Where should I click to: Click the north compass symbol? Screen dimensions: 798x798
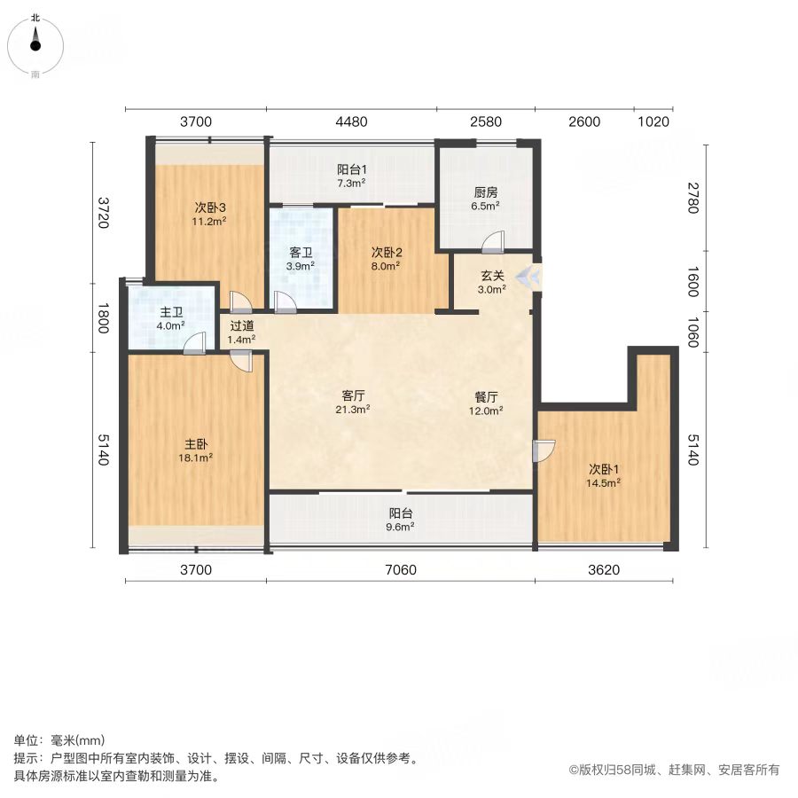[x=35, y=45]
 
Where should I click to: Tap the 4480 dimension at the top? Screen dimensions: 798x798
[x=351, y=121]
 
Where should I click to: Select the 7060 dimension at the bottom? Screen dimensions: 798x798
[x=401, y=569]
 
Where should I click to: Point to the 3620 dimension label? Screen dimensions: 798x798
[x=604, y=569]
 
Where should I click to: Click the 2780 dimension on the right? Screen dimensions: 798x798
[x=692, y=198]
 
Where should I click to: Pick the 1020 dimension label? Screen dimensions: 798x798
[x=653, y=121]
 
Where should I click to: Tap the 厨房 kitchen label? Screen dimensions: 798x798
[x=486, y=192]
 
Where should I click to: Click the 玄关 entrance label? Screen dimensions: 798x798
[x=492, y=276]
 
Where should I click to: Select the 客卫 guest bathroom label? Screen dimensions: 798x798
[x=301, y=253]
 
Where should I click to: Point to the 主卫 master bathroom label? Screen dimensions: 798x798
[x=171, y=312]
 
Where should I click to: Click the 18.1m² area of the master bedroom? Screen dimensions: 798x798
[x=195, y=458]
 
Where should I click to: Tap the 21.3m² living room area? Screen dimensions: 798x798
[x=353, y=409]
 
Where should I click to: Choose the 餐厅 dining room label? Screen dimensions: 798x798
[x=486, y=397]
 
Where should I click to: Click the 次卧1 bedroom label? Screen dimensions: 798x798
[x=604, y=469]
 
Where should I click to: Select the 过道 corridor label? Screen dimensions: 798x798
[x=242, y=325]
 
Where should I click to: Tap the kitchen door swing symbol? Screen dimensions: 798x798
[x=493, y=242]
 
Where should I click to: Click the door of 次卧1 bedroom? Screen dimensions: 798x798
[x=544, y=451]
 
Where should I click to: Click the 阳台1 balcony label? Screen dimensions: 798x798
[x=352, y=169]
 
